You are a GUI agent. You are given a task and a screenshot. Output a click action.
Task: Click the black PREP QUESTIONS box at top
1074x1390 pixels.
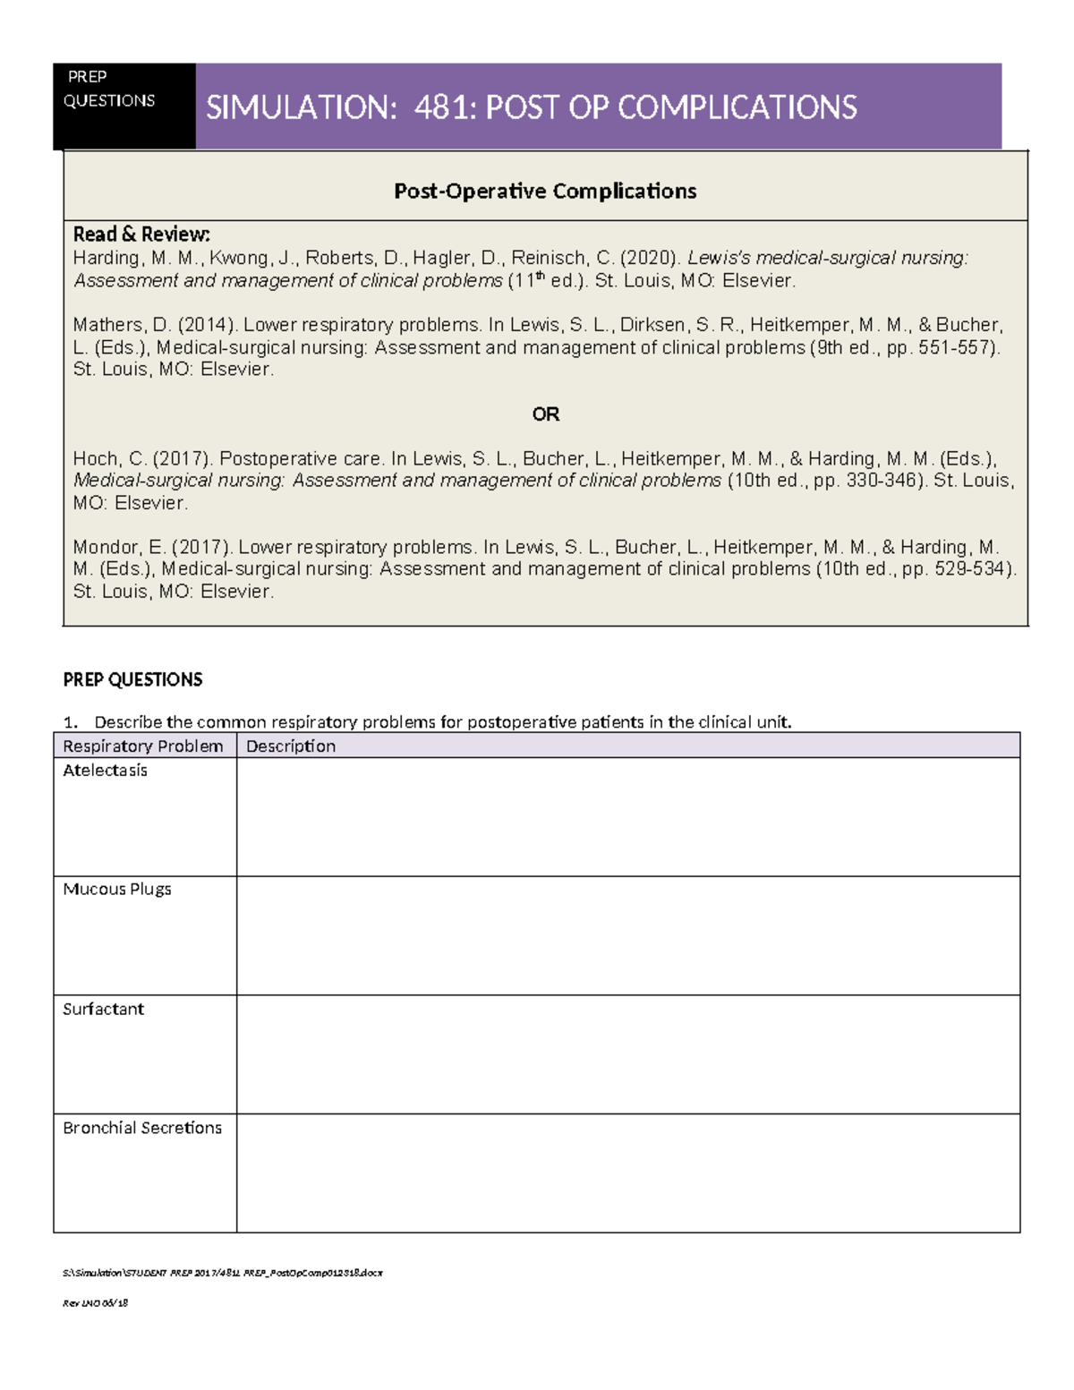tap(124, 106)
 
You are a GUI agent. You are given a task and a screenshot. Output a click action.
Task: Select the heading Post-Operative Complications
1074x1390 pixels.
tap(545, 192)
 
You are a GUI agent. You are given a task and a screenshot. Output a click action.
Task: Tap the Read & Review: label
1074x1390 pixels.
tap(141, 235)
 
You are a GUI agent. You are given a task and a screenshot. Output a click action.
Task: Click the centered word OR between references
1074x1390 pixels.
tap(545, 414)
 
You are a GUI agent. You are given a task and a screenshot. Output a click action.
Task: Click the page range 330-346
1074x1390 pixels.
tap(882, 481)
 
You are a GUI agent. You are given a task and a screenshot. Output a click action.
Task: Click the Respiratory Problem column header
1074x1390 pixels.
tap(143, 746)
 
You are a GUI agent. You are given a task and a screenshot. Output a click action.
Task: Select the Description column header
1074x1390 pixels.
tap(291, 746)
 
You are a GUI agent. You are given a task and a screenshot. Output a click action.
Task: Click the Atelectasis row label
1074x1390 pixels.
tap(105, 771)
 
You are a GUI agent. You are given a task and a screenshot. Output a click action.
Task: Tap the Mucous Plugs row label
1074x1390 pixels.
tap(116, 890)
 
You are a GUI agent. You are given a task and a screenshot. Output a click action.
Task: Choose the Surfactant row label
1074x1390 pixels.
tap(103, 1010)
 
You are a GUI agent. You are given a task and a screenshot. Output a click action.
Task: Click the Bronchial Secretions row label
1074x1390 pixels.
tap(142, 1129)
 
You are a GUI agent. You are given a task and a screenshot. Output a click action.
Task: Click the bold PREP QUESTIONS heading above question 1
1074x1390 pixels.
tap(132, 680)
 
